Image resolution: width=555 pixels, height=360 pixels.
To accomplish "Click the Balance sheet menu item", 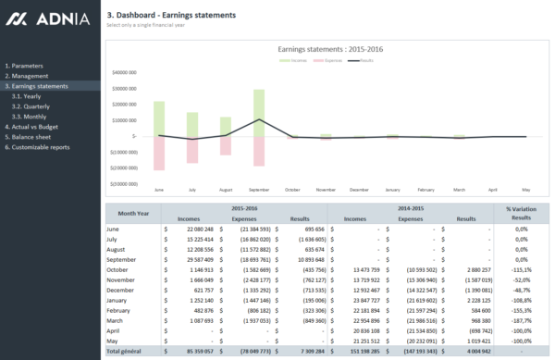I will click(30, 137).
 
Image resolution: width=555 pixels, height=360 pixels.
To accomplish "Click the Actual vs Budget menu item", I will click(33, 127).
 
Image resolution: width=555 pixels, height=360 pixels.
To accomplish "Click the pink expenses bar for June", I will click(159, 153).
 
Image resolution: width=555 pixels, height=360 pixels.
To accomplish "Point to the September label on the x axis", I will click(259, 190).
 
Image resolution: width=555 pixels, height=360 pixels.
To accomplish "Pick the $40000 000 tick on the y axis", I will click(124, 71).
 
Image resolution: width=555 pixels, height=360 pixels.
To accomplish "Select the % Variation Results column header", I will click(522, 214).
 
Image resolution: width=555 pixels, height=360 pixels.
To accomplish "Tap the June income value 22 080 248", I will click(195, 229).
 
